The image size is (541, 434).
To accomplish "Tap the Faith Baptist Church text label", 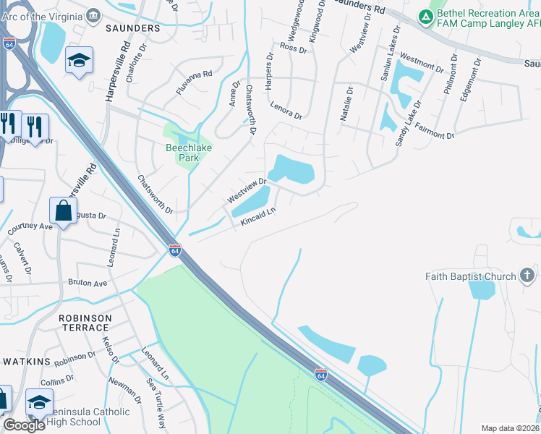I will (470, 276).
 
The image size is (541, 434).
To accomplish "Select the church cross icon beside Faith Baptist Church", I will (527, 276).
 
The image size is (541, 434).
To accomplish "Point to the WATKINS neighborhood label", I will (27, 361).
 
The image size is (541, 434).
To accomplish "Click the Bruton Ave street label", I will (88, 283).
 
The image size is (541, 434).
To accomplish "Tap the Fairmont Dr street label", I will (435, 132).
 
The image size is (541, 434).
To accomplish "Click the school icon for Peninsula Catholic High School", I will (39, 402).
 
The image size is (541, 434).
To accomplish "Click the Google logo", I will (25, 425).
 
